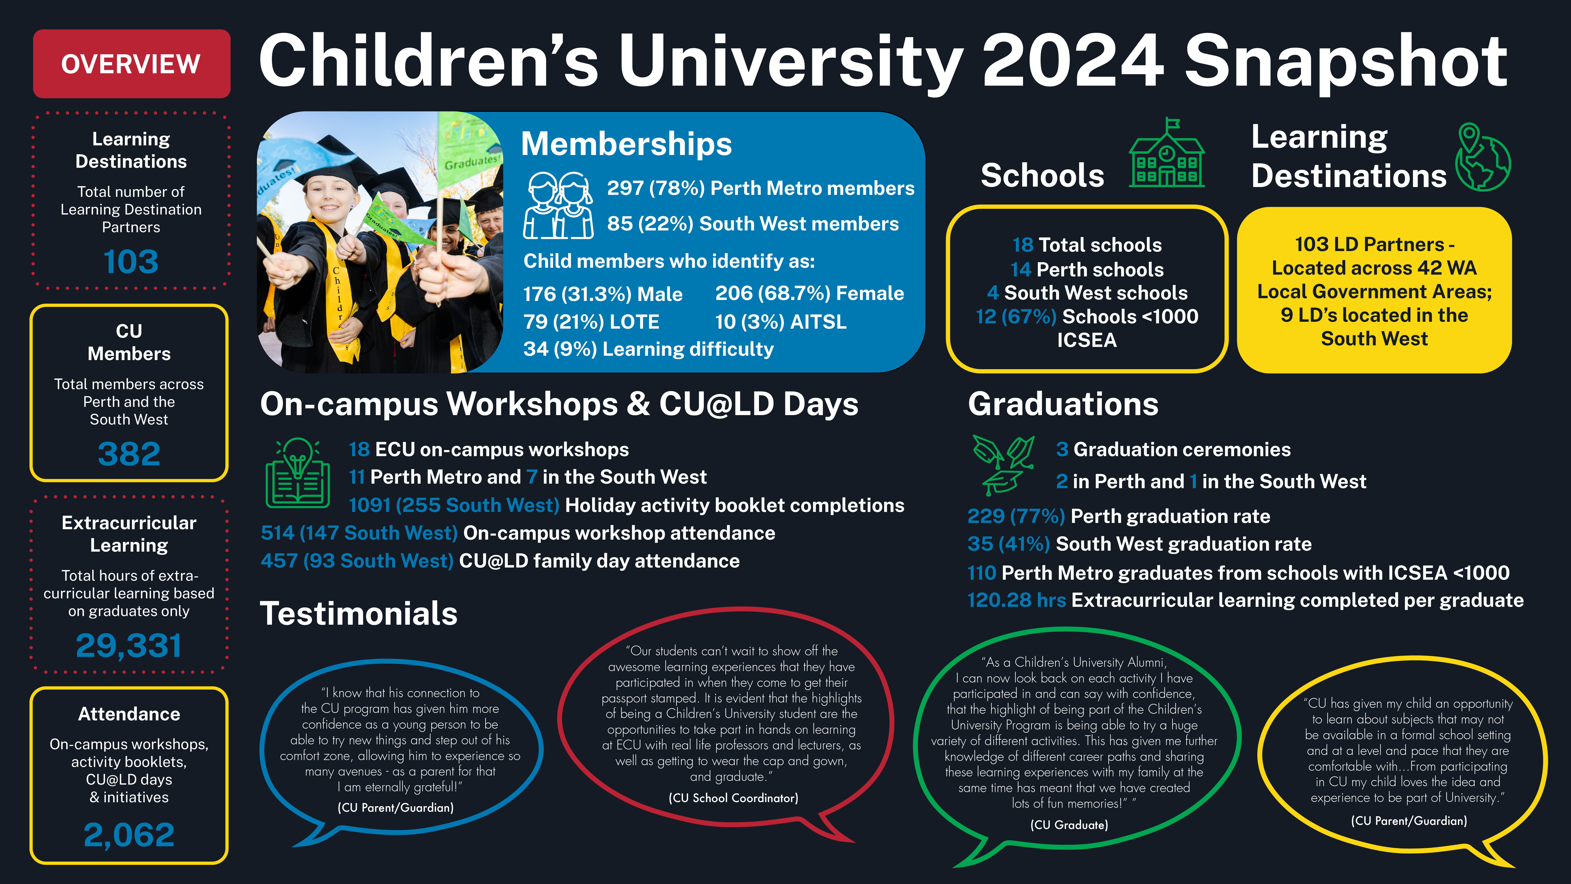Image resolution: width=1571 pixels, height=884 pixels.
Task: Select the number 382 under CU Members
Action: (129, 454)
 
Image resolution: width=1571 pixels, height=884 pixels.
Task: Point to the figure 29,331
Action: (129, 646)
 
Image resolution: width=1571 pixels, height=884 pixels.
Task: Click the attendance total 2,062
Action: (129, 835)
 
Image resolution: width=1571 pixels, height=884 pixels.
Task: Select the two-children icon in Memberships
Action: (558, 205)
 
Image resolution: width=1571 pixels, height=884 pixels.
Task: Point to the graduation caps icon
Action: (1003, 465)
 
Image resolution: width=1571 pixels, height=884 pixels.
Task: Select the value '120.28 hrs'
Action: (1017, 600)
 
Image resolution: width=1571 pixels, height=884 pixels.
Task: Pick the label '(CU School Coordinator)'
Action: (733, 798)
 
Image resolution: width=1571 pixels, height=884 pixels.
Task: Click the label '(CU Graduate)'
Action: (1069, 825)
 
